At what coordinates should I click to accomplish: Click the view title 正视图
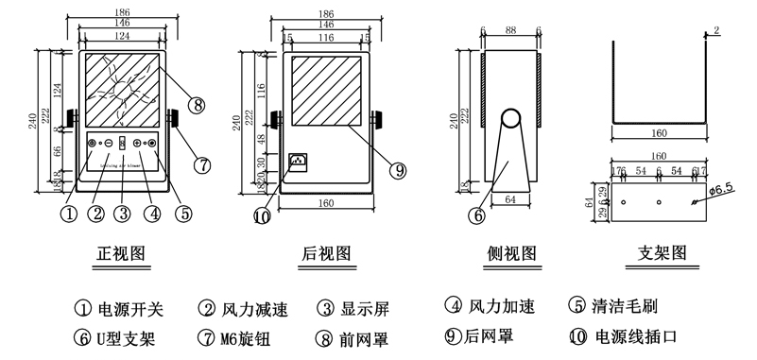click(121, 253)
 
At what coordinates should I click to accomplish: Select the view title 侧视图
click(510, 253)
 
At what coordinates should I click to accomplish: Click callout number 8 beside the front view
click(197, 105)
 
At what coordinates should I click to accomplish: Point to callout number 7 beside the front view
click(200, 163)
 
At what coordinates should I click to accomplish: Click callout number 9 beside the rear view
click(399, 171)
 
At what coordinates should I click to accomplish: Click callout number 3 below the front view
click(123, 213)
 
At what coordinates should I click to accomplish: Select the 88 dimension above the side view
click(510, 31)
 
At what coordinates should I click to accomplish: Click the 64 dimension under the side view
click(510, 198)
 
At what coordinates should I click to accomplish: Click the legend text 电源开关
click(131, 308)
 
